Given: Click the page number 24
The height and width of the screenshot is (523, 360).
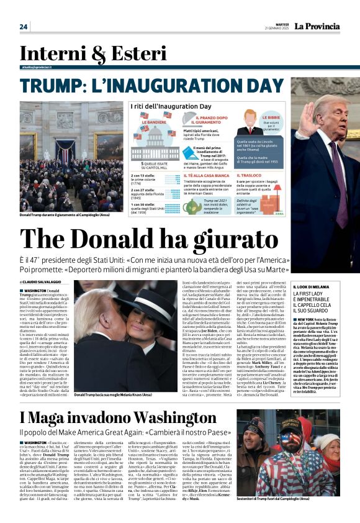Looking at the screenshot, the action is point(24,27).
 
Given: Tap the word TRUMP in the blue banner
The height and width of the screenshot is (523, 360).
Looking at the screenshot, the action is point(58,85).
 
